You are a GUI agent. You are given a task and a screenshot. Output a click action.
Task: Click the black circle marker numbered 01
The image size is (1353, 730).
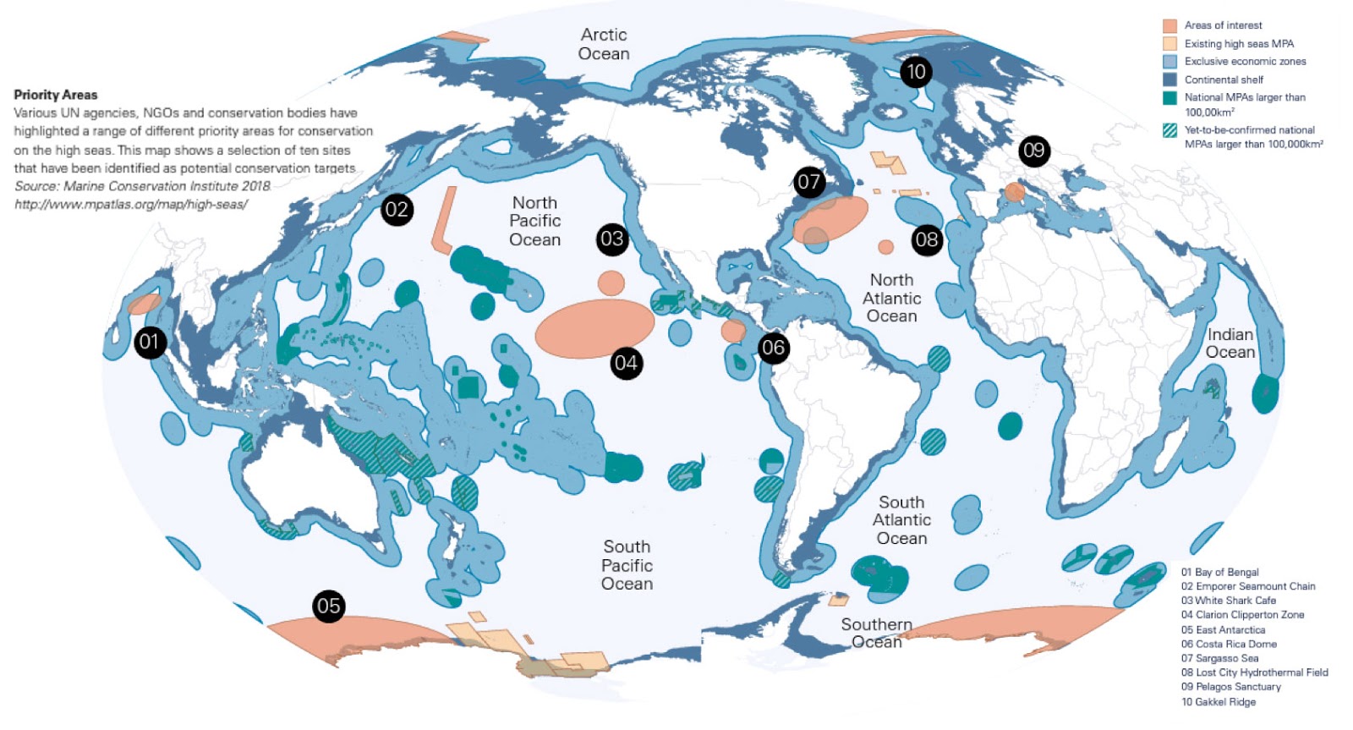(x=150, y=343)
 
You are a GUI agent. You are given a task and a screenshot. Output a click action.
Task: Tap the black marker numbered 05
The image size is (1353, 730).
(x=328, y=606)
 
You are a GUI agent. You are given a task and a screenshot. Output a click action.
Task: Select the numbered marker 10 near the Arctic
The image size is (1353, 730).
(x=916, y=72)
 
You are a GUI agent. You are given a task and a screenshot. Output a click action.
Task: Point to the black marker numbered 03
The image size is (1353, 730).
(x=611, y=239)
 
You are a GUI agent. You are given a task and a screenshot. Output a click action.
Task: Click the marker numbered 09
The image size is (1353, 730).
(x=1033, y=151)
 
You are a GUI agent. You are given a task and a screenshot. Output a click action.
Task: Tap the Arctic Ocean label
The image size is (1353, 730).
(x=604, y=44)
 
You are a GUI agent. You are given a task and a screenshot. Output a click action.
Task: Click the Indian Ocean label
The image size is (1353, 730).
(x=1230, y=343)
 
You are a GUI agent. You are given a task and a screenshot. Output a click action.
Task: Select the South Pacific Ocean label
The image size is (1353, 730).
(x=627, y=565)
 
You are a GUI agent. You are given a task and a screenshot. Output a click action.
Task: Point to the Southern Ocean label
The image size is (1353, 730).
(x=876, y=633)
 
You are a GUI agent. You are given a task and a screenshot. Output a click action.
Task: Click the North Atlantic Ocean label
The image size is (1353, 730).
(x=891, y=298)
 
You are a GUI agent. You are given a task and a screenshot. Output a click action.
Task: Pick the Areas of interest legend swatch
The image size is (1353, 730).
(x=1169, y=25)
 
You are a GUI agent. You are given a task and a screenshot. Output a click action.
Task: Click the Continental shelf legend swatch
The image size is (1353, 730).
(x=1169, y=80)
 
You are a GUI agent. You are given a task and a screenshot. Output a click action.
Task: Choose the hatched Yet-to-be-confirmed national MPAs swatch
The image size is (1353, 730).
(x=1169, y=131)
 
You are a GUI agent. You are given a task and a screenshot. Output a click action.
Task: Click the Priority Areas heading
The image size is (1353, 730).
(x=56, y=95)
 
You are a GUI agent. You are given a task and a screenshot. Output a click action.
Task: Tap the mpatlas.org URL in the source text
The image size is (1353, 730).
(x=131, y=205)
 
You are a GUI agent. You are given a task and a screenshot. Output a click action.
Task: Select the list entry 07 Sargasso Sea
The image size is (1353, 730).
(x=1219, y=658)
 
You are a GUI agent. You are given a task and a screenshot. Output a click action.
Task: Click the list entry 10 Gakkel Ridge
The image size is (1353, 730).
(x=1218, y=702)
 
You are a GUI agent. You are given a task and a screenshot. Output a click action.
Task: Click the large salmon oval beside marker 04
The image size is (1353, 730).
(x=594, y=329)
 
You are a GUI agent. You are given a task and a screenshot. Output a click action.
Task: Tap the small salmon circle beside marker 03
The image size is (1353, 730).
(x=611, y=283)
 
